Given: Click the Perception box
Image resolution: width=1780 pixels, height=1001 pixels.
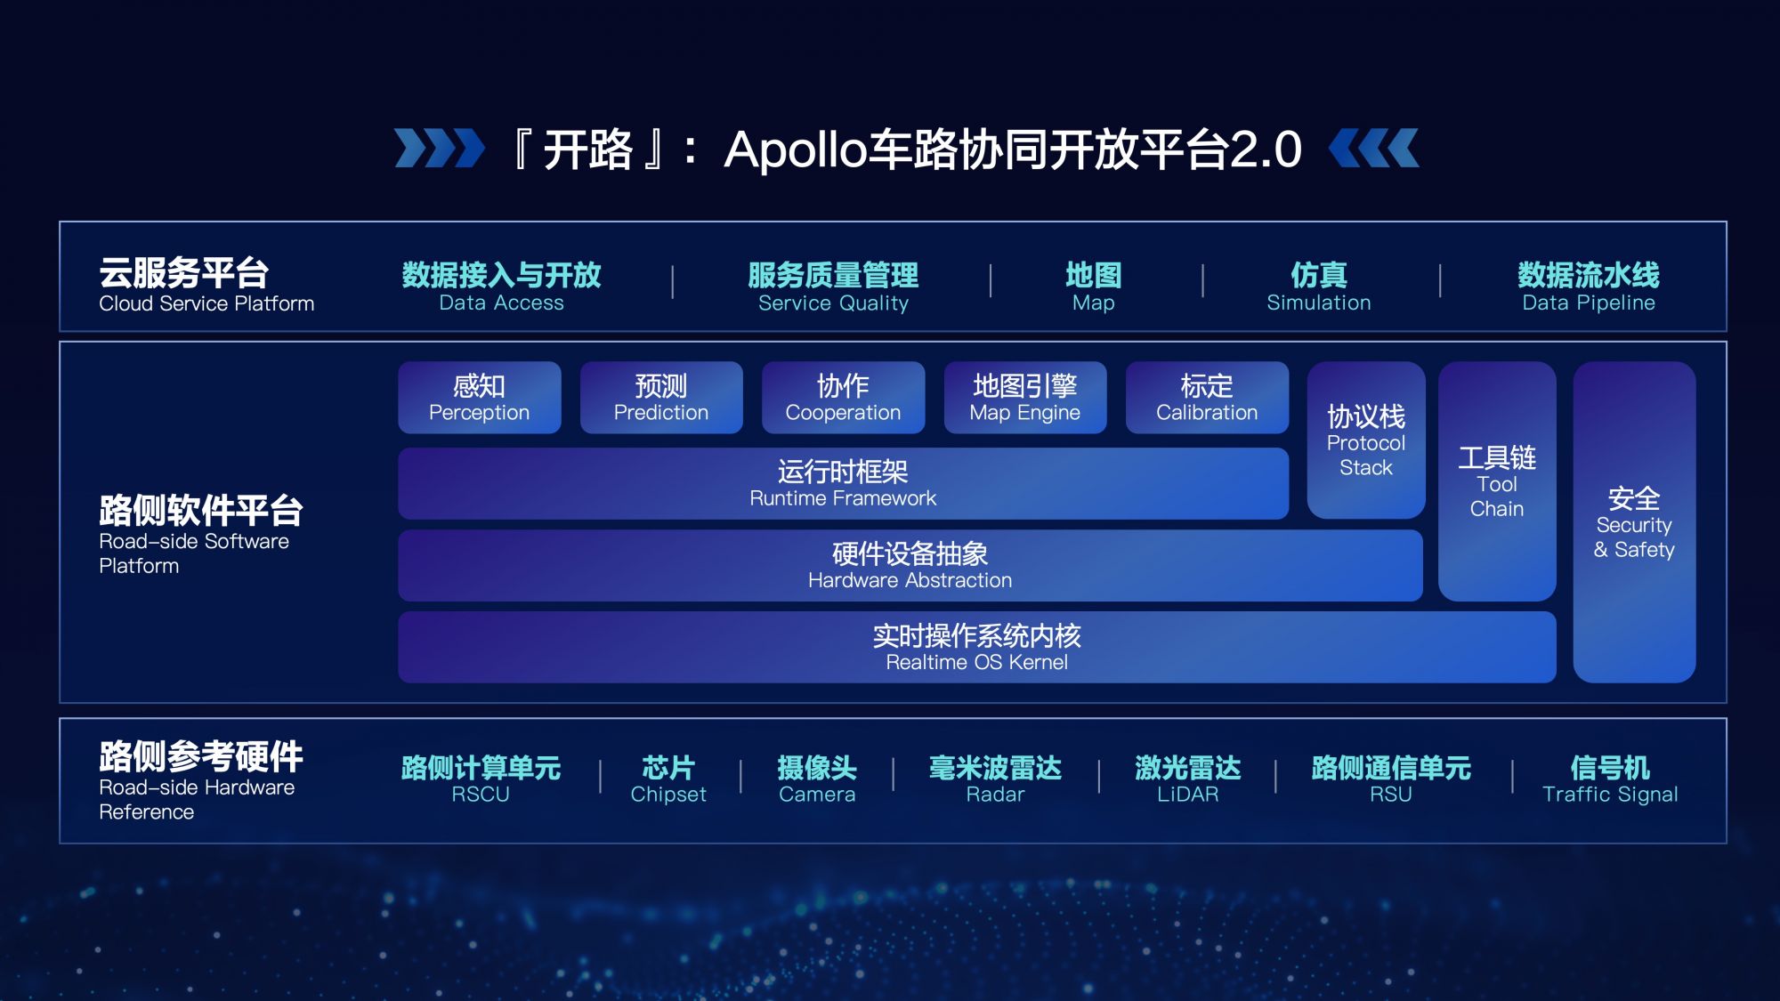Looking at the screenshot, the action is pos(480,398).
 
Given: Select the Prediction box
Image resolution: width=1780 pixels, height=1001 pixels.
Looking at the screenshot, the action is pos(661,398).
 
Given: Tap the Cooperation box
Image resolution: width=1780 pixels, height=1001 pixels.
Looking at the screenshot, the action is pos(843,398).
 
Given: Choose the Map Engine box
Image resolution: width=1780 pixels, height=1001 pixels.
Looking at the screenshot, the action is pos(1025,398).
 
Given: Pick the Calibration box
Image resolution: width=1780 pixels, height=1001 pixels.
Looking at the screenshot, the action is pos(1207,398).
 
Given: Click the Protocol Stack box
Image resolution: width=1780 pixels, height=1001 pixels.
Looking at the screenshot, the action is pos(1366,440).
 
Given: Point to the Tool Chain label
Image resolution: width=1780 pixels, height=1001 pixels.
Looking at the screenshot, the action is pos(1497,496).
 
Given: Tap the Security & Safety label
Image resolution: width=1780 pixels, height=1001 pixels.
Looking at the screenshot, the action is pos(1634,537).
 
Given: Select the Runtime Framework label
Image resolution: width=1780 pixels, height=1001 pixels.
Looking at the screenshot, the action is pos(843,498).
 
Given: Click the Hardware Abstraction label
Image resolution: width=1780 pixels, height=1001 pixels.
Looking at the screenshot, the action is pos(910,580).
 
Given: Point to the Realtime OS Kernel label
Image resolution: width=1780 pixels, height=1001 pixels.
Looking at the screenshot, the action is pos(976,662).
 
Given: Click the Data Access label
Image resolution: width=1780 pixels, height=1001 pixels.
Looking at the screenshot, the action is pos(501,303).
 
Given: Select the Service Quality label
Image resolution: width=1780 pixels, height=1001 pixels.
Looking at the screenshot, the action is pos(833,303).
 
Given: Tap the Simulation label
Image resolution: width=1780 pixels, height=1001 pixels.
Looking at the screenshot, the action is pos(1319,303).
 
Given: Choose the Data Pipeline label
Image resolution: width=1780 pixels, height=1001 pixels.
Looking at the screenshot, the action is pos(1589,303).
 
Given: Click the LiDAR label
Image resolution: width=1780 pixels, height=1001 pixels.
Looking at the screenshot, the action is pos(1187,795).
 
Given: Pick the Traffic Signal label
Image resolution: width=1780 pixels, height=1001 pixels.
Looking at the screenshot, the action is pos(1610,795).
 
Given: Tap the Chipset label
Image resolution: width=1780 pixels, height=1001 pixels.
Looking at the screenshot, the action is pos(668,795).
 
